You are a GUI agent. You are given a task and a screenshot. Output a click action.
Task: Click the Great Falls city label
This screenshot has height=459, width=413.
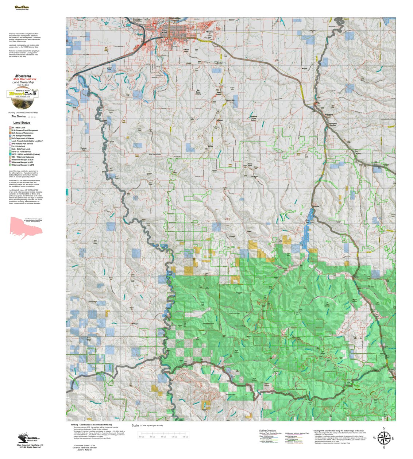(165, 31)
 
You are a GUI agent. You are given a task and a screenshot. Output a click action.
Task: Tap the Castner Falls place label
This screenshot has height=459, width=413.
(84, 149)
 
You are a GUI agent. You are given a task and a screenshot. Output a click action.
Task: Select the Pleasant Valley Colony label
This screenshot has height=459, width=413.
(254, 118)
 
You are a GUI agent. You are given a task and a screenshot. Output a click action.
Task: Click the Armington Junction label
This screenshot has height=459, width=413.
(332, 124)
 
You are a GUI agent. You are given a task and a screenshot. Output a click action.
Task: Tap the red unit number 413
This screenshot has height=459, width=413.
(228, 219)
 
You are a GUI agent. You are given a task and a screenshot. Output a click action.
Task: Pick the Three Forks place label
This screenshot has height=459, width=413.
(250, 165)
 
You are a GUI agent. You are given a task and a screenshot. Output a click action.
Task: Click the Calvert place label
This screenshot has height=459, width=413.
(232, 236)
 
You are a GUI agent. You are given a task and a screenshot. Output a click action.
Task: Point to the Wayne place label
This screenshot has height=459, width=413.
(304, 69)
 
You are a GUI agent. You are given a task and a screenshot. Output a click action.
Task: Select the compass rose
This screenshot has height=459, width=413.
(383, 437)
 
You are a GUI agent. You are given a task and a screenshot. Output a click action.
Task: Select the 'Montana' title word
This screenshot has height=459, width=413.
(23, 76)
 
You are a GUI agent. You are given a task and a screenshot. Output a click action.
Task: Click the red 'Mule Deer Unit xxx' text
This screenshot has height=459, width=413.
(25, 79)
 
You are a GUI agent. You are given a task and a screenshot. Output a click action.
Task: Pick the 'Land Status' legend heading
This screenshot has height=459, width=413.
(22, 123)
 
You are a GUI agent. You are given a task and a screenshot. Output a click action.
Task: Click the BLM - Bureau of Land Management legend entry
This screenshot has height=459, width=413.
(24, 130)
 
